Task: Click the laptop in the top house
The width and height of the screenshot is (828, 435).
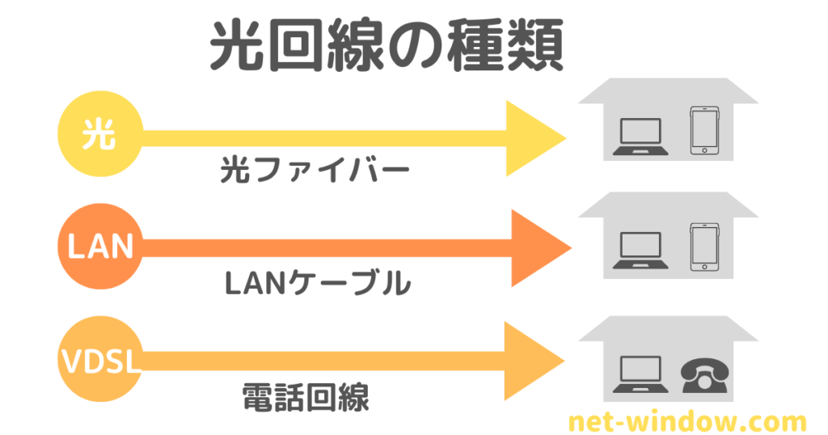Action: tap(640, 137)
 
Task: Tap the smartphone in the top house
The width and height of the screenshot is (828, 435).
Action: tap(703, 130)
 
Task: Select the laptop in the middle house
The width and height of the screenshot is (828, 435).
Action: tap(640, 250)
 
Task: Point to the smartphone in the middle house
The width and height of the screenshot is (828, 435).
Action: tap(703, 247)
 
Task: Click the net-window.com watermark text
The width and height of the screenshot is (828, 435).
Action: tap(686, 421)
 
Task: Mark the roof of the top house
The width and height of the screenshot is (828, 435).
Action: tap(670, 91)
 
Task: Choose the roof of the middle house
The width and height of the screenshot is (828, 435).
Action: tap(670, 205)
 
